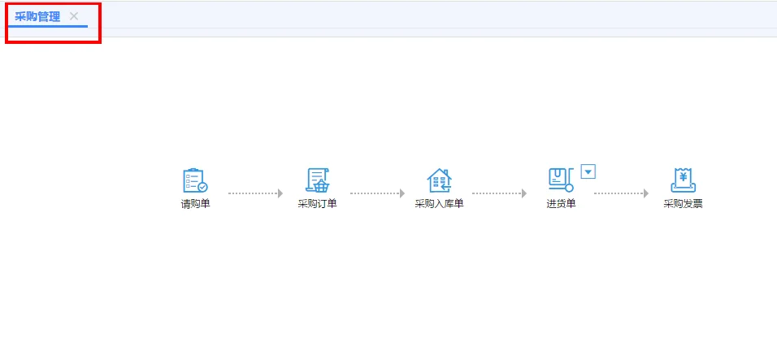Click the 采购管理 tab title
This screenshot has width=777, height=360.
pos(37,16)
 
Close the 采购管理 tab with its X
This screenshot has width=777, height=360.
pos(74,16)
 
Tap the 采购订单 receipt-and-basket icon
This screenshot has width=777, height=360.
pos(317,180)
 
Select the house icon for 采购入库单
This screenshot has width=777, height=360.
pos(439,180)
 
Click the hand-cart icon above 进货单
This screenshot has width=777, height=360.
pos(561,180)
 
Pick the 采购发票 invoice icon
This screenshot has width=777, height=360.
pos(683,180)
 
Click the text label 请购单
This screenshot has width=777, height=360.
pos(195,204)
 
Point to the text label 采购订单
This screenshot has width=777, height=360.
pos(317,204)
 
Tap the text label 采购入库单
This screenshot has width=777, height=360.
pos(439,204)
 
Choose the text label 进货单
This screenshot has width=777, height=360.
pos(561,204)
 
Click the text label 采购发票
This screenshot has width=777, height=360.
pos(683,204)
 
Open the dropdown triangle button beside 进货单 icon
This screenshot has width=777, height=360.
pos(589,171)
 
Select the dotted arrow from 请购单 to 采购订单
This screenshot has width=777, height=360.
pos(255,193)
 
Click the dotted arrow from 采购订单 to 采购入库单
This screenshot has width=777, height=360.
pos(377,193)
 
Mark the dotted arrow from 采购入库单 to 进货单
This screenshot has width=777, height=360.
pos(499,193)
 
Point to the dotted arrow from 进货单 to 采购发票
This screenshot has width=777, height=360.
pos(621,193)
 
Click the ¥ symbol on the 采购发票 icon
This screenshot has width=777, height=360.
pos(684,176)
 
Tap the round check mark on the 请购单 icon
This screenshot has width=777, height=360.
pos(202,187)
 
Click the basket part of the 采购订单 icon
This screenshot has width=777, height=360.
pos(321,186)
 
